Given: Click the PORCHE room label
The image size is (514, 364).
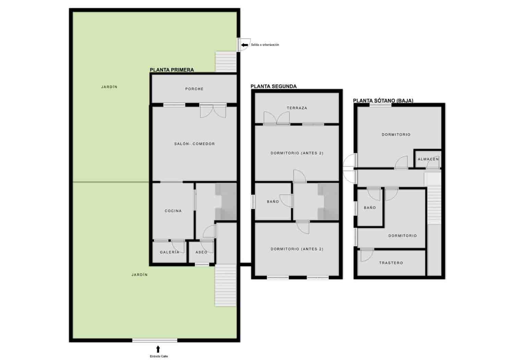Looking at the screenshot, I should coord(194,89).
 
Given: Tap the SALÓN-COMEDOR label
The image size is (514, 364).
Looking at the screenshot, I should coord(194,144).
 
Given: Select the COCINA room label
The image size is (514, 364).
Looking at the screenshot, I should coord(173,211).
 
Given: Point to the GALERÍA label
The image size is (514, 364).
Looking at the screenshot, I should coord(169,252).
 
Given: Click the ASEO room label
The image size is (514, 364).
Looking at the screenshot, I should coord(201,252).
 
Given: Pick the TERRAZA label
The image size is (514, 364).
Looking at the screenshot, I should coord(297,108).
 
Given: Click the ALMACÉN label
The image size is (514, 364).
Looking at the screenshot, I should coord(428,159).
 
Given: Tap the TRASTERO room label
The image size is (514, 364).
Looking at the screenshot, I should coord(391,263).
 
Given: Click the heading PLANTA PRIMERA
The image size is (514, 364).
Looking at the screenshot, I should coord(172,70).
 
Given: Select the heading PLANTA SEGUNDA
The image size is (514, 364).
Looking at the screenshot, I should coord(273,86).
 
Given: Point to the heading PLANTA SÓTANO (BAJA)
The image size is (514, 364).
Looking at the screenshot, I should coord(383,101).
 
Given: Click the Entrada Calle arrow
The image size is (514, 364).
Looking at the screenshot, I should coord(158,349).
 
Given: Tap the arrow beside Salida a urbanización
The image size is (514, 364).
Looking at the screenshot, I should coord(245,45).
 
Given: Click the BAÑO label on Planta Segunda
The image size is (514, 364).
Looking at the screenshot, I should coord(273,201).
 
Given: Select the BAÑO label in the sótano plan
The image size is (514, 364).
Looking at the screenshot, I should coord(370,208).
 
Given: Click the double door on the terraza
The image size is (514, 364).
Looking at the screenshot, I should coord(277,118).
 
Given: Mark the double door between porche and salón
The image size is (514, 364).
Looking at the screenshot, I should coord(213,111).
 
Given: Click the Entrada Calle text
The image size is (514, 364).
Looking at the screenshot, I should coord(159,356).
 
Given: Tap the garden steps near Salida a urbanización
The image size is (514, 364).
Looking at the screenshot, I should coord(226,61).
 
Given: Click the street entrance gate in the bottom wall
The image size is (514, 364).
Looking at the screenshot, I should coord(155,340).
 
